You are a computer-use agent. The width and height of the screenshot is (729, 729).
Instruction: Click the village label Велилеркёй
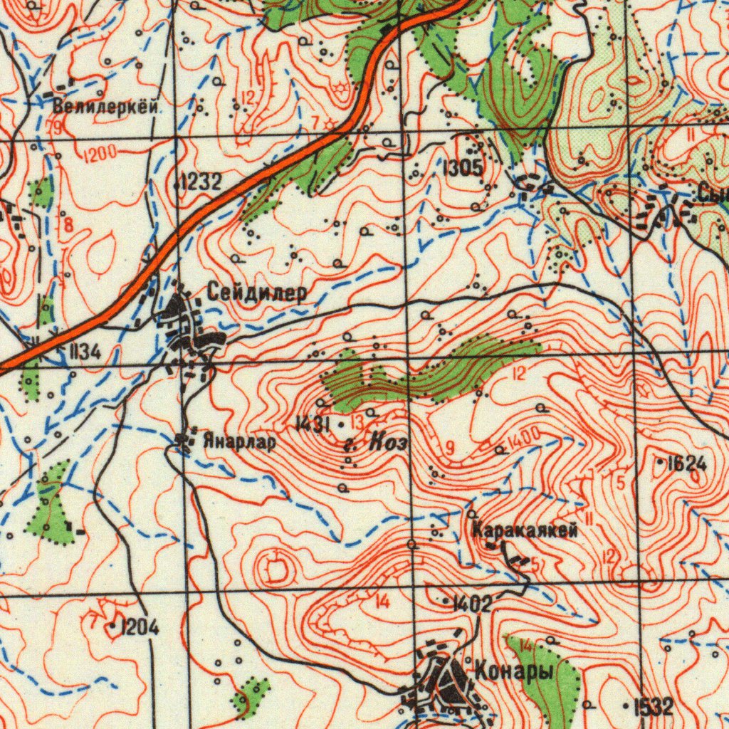[x=105, y=107]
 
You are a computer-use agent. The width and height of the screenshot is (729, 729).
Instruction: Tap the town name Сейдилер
[x=257, y=292]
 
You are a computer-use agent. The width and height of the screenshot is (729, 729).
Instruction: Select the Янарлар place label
[x=238, y=442]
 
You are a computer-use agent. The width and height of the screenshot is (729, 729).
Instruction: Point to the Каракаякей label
[x=524, y=530]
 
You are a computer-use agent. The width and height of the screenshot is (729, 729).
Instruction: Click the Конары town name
[x=514, y=670]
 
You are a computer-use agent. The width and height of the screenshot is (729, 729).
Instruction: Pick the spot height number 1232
[x=201, y=183]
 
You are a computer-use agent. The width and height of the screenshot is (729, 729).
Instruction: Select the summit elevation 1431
[x=311, y=425]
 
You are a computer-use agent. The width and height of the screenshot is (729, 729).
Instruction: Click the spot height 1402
[x=472, y=604]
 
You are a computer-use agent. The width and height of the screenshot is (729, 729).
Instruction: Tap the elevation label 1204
[x=140, y=627]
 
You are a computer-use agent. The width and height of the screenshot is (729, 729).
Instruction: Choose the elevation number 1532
[x=653, y=706]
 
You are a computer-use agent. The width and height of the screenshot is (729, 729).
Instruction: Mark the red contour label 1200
[x=99, y=154]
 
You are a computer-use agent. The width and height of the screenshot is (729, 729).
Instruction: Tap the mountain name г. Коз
[x=375, y=444]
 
